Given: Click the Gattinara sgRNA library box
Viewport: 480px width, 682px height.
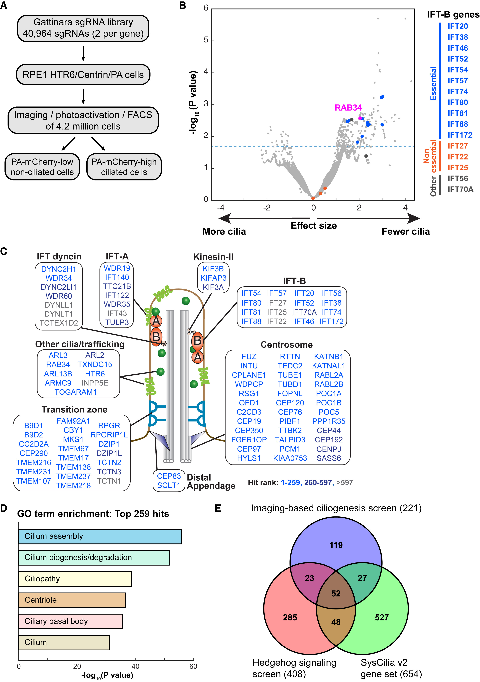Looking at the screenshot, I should [x=83, y=28].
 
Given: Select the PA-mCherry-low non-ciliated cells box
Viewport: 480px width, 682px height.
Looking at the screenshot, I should [x=42, y=167].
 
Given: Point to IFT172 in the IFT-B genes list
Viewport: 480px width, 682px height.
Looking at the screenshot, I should [x=460, y=135].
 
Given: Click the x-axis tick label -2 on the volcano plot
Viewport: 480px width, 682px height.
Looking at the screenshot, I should [x=267, y=208].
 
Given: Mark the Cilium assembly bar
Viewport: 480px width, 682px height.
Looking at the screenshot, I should [x=100, y=536].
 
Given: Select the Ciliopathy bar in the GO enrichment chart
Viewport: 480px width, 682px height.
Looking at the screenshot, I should [x=75, y=579].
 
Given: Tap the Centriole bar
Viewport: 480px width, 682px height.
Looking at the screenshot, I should [x=72, y=600].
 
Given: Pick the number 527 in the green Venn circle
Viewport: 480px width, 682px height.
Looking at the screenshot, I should [x=381, y=617].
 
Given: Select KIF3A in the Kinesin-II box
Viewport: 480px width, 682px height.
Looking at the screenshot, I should [x=213, y=287].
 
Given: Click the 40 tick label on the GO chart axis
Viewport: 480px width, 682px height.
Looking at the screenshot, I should [x=135, y=666].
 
